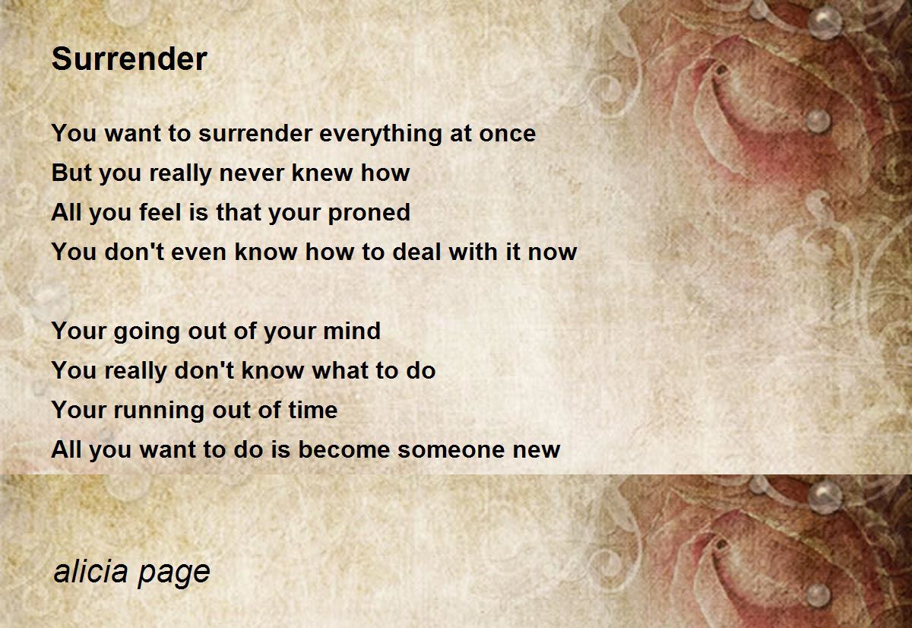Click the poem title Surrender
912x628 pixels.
point(129,59)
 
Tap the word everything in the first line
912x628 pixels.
point(380,135)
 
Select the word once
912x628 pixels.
point(508,134)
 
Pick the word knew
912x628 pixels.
point(322,173)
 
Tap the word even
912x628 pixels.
point(198,252)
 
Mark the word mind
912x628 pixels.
point(352,330)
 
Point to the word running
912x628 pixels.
point(159,411)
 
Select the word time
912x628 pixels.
point(313,409)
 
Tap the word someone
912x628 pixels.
point(451,450)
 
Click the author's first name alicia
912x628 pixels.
point(90,571)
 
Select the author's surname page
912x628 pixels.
point(174,574)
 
